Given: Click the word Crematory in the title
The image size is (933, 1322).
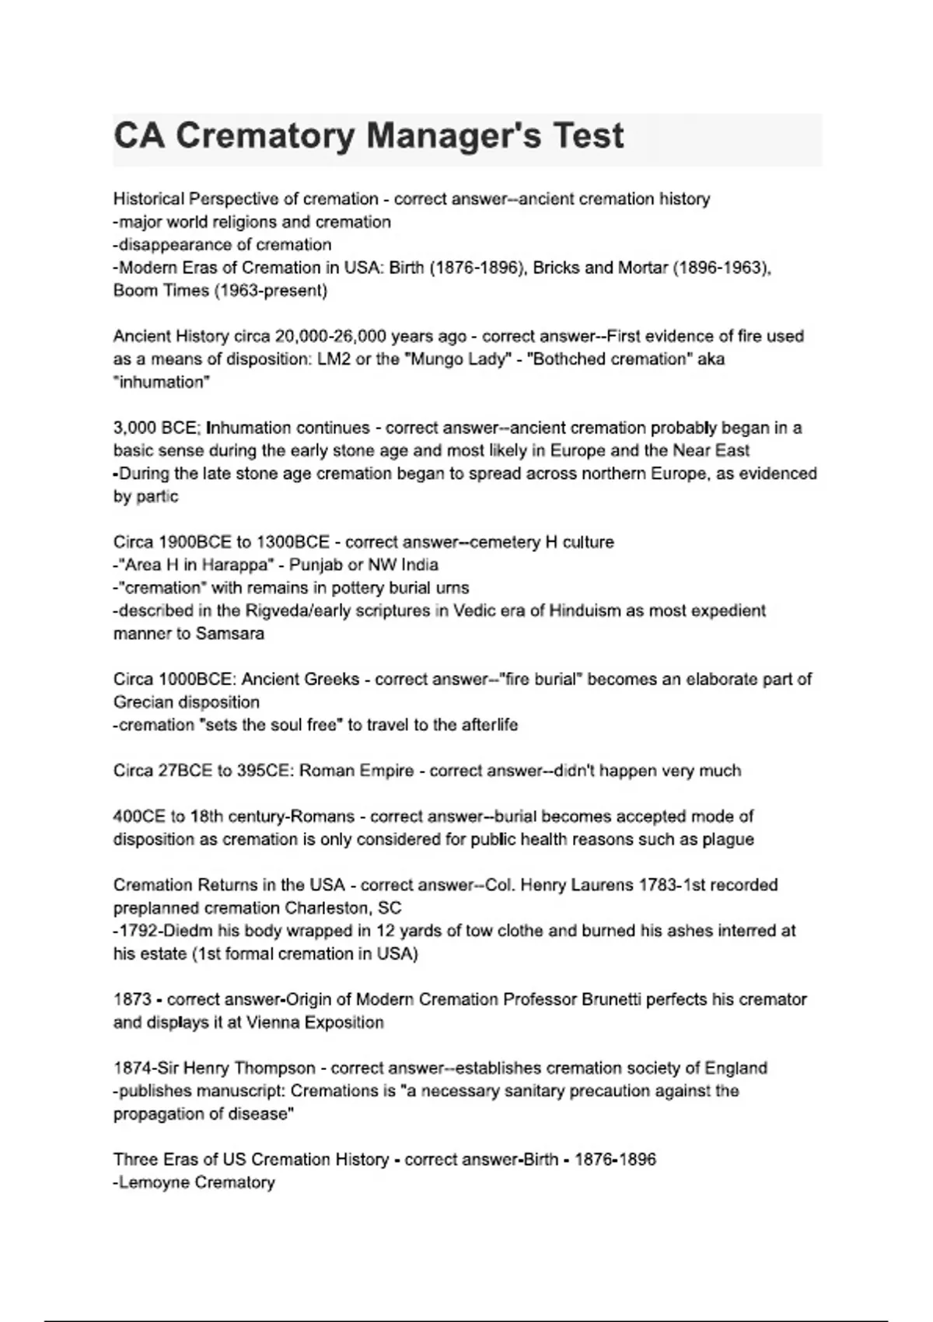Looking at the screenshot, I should (x=265, y=136).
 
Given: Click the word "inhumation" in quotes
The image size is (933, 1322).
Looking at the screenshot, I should (x=162, y=382).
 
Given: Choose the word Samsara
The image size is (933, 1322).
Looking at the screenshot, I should (x=230, y=634).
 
